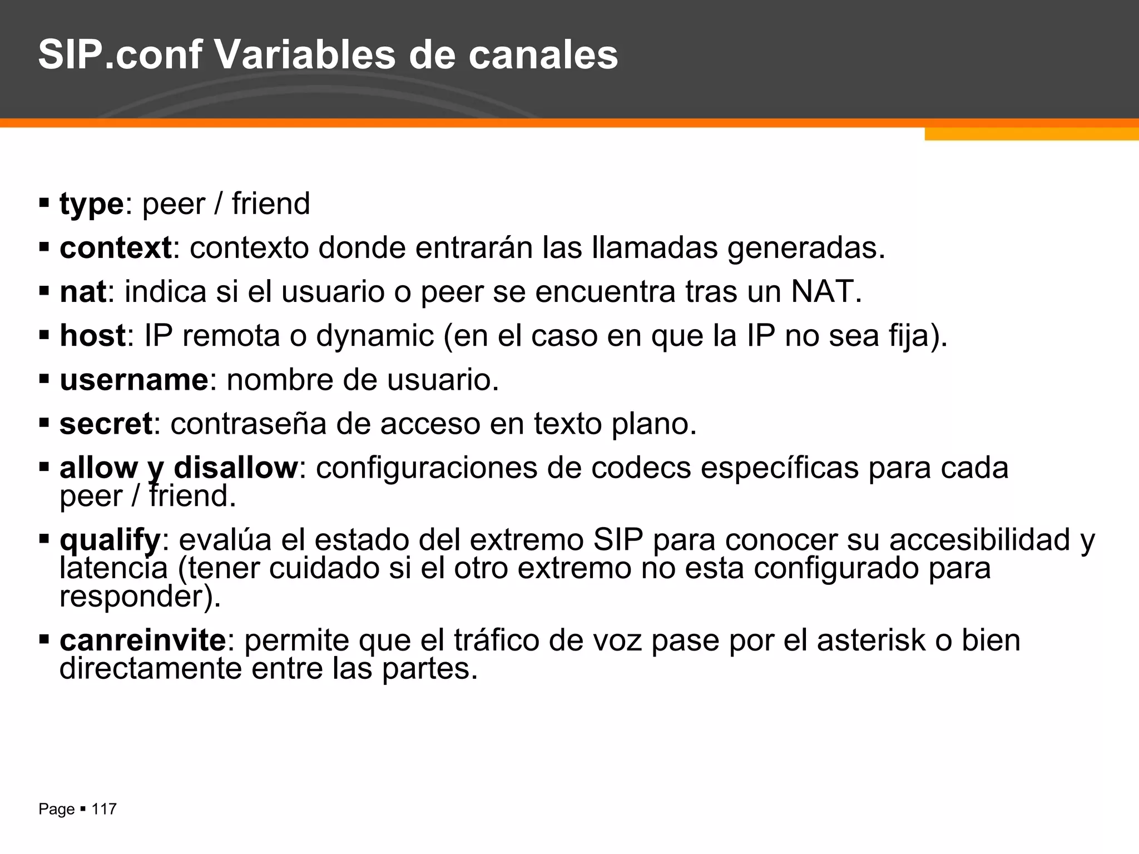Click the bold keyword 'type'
pos(91,204)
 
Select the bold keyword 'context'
pos(116,247)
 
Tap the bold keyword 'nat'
pos(82,291)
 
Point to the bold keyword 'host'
pos(92,335)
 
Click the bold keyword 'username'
pos(134,380)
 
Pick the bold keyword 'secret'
pos(106,424)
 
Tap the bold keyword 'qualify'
pos(110,540)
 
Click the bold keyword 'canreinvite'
pos(143,640)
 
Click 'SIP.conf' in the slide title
pos(120,55)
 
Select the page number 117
pos(104,809)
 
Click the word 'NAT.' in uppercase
pos(826,291)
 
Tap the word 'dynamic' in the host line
pos(375,335)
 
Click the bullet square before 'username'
pos(44,380)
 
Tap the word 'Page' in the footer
pos(56,809)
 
